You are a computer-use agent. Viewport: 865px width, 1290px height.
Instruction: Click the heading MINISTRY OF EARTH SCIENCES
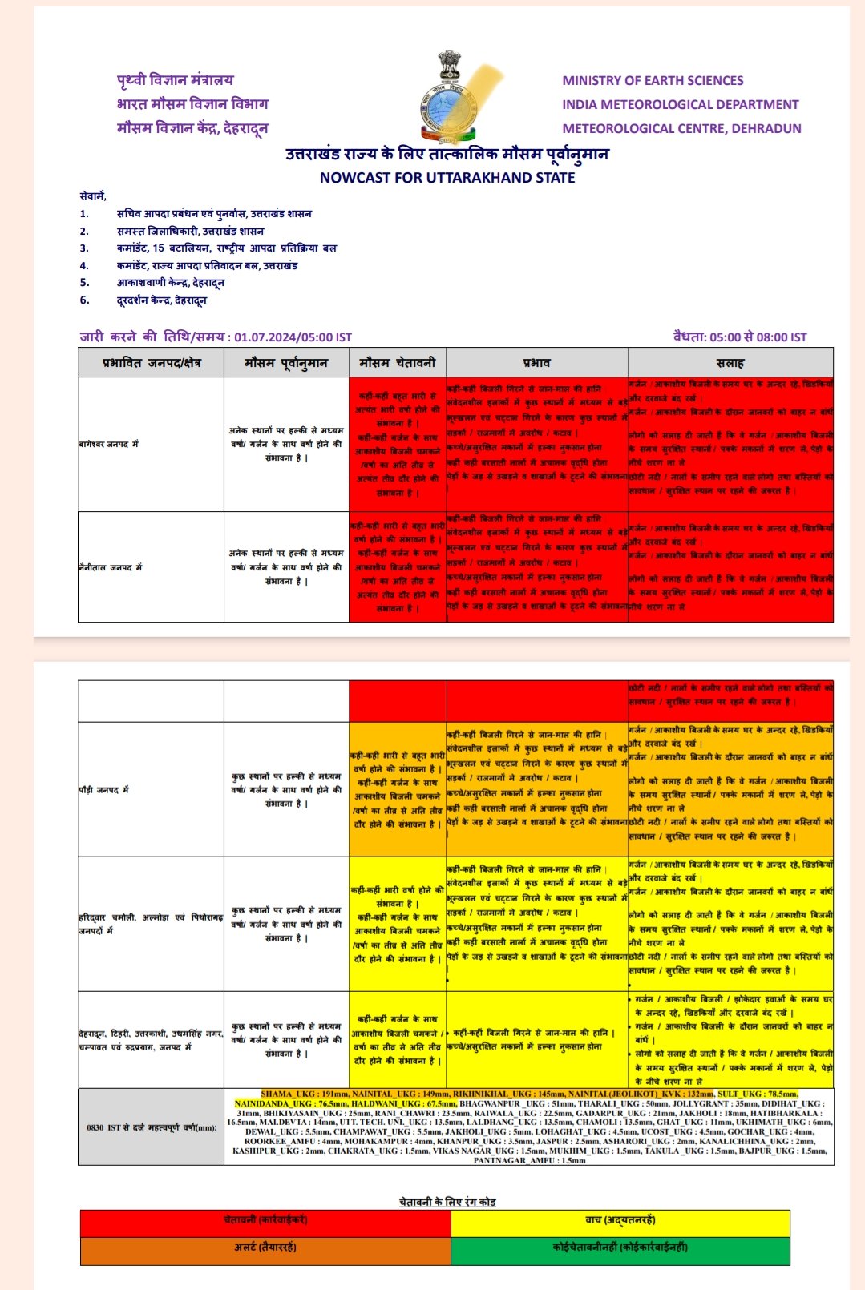coord(653,80)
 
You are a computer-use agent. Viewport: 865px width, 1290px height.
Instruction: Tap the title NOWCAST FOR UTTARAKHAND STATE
coord(447,178)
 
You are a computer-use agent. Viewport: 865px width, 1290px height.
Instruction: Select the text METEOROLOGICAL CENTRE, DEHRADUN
coord(681,128)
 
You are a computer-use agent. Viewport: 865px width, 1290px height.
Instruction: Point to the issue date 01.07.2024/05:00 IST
coord(293,337)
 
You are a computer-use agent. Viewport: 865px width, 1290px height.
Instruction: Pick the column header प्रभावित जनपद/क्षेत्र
coord(152,363)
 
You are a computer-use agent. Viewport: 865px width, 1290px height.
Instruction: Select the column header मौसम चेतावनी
coord(398,363)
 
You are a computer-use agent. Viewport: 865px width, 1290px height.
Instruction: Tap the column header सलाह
coord(730,363)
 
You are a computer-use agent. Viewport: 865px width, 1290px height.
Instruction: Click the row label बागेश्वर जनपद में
coord(108,444)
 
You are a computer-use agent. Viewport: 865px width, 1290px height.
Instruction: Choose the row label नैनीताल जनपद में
coord(111,567)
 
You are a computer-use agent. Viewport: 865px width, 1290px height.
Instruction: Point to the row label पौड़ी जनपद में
coord(103,790)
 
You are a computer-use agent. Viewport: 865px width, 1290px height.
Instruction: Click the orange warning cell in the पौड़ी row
coord(398,790)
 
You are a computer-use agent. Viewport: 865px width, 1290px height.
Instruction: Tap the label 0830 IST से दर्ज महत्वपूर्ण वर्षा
coord(152,1127)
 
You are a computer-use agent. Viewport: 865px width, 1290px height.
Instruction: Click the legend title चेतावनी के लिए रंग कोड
coord(447,1202)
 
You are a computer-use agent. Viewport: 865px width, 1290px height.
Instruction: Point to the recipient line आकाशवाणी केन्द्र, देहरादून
coord(171,283)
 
